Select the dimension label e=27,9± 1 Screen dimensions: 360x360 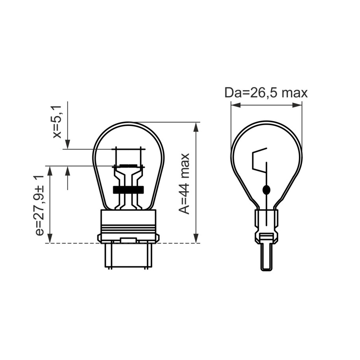tap(39, 205)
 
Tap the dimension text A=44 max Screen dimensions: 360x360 tap(185, 184)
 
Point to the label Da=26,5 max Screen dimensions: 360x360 tap(266, 93)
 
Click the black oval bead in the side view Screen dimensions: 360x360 tap(266, 190)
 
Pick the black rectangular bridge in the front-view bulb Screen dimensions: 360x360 tap(128, 189)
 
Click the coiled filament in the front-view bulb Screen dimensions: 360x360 tap(128, 166)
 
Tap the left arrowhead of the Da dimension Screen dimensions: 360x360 tap(236, 105)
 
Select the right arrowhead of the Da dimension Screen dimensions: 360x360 tap(297, 105)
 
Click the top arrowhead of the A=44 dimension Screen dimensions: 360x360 tap(196, 127)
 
